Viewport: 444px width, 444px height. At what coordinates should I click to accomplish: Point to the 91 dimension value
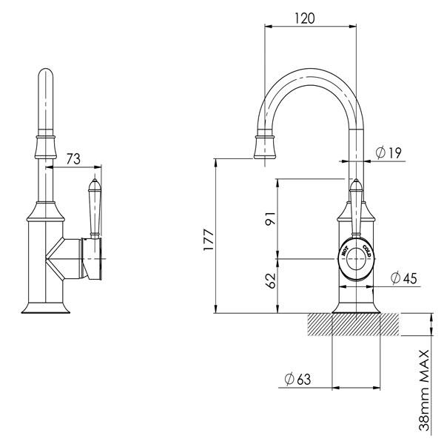click(x=270, y=220)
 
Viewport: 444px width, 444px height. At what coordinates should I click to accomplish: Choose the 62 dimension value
click(x=270, y=280)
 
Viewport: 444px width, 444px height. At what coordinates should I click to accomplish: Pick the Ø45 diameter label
click(x=404, y=277)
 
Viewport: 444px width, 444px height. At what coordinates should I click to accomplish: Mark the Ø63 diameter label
click(x=297, y=380)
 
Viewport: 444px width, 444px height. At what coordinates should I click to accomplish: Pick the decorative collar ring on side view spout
click(x=45, y=139)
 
